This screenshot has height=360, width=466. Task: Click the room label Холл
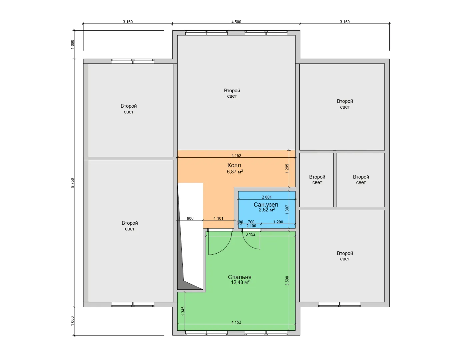point(234,165)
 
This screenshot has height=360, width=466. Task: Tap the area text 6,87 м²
point(235,172)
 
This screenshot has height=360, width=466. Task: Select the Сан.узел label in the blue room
point(266,205)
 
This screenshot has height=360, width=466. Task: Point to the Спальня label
point(240,277)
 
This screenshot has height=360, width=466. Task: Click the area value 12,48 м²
point(240,282)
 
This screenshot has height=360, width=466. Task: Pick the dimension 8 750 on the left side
point(72,183)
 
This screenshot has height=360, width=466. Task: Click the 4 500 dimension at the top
point(236,22)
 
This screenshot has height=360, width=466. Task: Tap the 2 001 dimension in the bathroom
point(267,197)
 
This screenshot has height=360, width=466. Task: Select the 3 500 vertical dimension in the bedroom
point(287,281)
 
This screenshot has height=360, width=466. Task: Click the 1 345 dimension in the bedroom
point(183,311)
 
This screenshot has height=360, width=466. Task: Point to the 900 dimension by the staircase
point(190,218)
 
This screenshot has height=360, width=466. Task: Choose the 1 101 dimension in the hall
point(219,218)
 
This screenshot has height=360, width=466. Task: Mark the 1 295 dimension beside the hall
point(287,169)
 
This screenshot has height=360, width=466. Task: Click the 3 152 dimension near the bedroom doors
point(250,234)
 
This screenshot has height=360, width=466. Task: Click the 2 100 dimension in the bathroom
point(251,226)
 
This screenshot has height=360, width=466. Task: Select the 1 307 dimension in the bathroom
point(287,210)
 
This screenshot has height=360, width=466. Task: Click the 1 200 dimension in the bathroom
point(278,222)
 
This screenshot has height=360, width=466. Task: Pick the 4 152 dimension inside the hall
point(236,155)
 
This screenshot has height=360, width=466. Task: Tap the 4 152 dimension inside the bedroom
point(236,322)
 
